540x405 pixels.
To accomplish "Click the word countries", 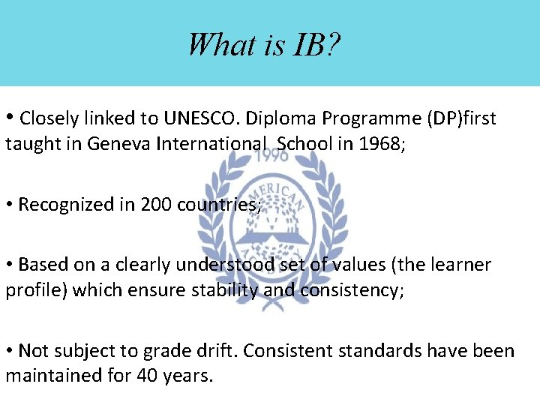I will [x=218, y=204].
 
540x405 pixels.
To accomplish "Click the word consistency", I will [x=353, y=290].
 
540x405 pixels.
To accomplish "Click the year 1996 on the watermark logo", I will [x=274, y=156].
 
